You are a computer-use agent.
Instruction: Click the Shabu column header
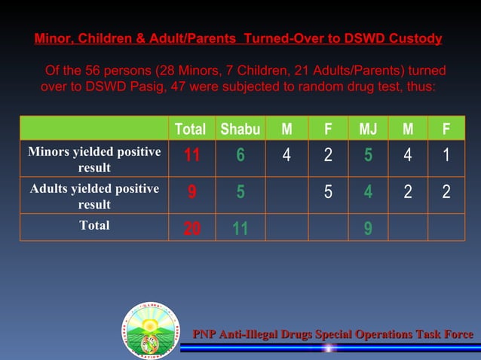pyautogui.click(x=240, y=129)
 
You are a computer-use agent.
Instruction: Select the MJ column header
pyautogui.click(x=368, y=129)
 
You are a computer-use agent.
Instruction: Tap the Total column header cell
pyautogui.click(x=190, y=129)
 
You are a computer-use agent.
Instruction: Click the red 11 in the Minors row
pyautogui.click(x=191, y=156)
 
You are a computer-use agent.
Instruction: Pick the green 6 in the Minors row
pyautogui.click(x=240, y=156)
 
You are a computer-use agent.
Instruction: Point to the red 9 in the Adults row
pyautogui.click(x=191, y=192)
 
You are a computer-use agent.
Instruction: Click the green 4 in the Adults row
pyautogui.click(x=368, y=192)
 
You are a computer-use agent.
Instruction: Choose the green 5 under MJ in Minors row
pyautogui.click(x=368, y=156)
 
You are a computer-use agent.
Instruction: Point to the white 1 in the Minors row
pyautogui.click(x=446, y=156)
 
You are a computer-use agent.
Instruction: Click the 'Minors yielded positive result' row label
pyautogui.click(x=94, y=160)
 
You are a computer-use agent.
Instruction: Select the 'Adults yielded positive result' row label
pyautogui.click(x=94, y=196)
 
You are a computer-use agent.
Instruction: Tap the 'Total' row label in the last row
pyautogui.click(x=94, y=225)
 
